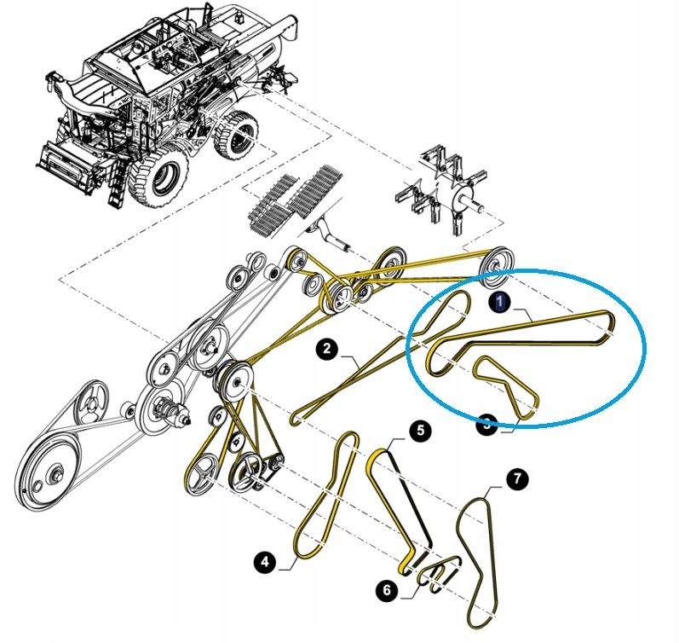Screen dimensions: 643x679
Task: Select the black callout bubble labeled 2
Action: click(326, 348)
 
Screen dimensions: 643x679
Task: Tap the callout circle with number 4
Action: click(266, 561)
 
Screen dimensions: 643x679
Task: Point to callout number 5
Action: click(418, 432)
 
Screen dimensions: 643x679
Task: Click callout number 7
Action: click(516, 480)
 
